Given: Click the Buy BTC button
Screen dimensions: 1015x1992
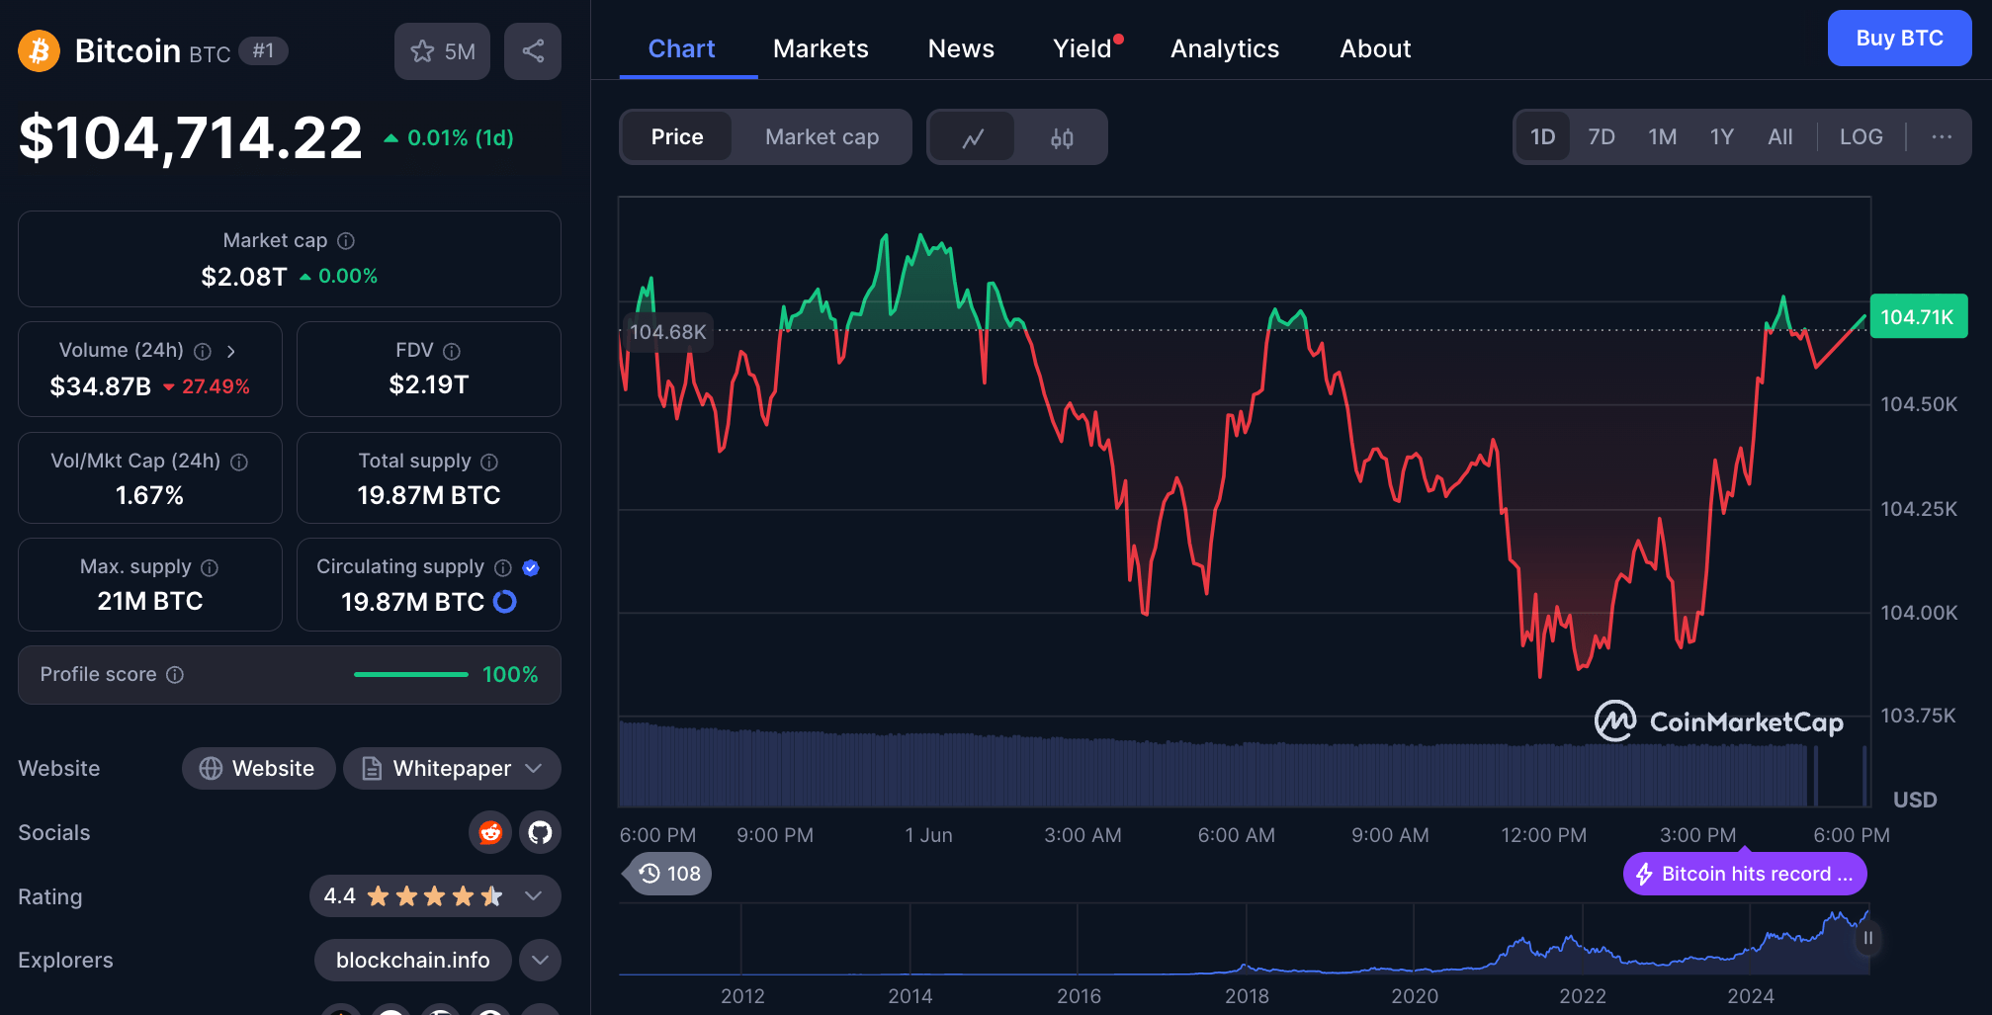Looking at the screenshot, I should coord(1898,39).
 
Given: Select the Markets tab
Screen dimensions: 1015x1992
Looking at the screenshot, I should coord(821,48).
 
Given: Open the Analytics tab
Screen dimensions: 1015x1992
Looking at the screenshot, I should coord(1224,48).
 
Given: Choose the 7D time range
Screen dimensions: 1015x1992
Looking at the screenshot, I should coord(1601,137).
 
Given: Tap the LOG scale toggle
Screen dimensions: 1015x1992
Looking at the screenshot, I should coord(1861,137).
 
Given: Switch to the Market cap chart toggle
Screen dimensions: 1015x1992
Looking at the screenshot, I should coord(822,137).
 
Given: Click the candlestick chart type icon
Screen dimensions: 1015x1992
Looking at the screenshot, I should coord(1062,137).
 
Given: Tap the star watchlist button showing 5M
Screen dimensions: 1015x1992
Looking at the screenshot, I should coord(442,51).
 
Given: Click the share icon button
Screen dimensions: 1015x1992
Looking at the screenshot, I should coord(533,51).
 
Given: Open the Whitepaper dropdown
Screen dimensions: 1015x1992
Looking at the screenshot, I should coord(452,769).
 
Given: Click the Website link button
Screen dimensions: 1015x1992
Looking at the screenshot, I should coord(258,769).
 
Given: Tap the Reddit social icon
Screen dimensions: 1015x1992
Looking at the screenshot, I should coord(489,833).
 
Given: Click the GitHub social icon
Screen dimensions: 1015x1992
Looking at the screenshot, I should coord(540,833).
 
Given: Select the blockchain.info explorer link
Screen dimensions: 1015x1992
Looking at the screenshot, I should coord(412,961).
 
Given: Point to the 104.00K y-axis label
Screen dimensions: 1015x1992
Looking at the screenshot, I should coord(1918,613).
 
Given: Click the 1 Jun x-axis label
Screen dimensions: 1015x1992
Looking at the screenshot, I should coord(928,835).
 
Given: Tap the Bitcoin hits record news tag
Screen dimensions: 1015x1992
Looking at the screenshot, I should coord(1745,874).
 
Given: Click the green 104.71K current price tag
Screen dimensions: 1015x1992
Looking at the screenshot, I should coord(1917,317).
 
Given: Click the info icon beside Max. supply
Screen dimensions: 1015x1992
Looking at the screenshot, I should coord(210,567).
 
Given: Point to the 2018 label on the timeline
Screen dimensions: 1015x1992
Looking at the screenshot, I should coord(1247,996).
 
